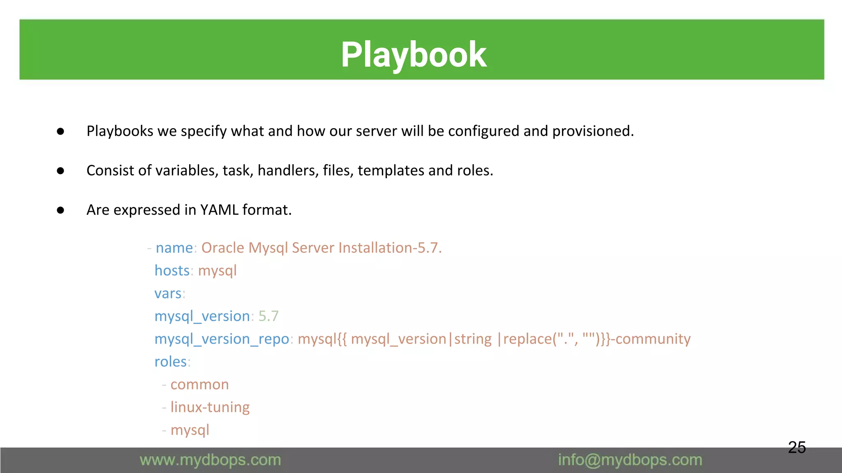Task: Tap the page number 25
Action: tap(797, 447)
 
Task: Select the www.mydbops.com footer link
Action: tap(210, 460)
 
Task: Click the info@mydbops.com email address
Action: tap(630, 460)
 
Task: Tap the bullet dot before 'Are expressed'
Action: tap(60, 210)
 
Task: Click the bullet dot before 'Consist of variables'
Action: tap(60, 171)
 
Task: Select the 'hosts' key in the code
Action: tap(172, 271)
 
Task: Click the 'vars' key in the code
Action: tap(168, 294)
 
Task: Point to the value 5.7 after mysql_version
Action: tap(268, 316)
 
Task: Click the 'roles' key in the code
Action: tap(171, 362)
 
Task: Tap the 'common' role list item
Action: tap(199, 385)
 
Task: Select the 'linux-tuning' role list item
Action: tap(210, 407)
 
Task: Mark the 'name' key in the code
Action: tap(174, 248)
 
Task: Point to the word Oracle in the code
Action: tap(222, 248)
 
